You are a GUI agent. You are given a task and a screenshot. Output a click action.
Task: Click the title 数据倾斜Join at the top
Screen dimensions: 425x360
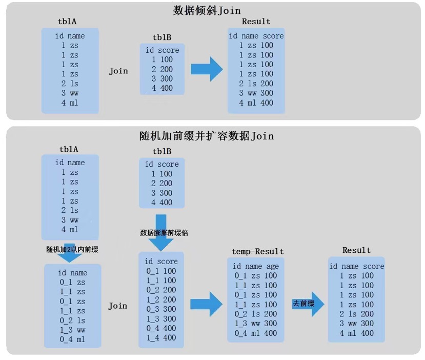pos(207,10)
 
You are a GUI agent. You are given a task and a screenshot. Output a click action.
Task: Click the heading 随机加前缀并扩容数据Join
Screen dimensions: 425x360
pos(207,136)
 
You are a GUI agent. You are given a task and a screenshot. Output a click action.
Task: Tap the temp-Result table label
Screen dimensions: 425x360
pos(257,251)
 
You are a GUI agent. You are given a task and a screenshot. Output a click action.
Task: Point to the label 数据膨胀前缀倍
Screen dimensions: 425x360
pos(164,232)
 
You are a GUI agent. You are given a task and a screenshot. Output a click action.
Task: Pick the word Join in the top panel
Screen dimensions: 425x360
pos(118,71)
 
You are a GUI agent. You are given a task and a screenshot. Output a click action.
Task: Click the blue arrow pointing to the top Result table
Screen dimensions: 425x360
pos(207,69)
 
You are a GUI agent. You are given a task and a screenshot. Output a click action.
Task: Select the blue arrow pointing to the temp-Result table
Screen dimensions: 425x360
pos(207,305)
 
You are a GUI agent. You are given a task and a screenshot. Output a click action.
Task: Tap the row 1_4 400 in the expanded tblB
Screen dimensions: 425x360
pos(161,338)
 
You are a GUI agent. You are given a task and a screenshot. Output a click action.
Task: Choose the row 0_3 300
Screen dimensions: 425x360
pos(161,309)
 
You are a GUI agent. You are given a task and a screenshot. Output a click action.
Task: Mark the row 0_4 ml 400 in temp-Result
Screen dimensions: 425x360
pos(255,333)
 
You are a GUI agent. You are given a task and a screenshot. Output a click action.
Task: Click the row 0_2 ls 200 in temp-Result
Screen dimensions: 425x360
pos(255,314)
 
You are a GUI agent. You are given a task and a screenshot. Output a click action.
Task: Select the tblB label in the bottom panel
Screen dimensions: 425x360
pos(161,151)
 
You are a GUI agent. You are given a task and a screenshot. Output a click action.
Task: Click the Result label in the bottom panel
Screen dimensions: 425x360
pos(356,250)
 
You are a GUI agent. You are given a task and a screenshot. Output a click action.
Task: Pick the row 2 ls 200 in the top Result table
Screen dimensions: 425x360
pos(256,84)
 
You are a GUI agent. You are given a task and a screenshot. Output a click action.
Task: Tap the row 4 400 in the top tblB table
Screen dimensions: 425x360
pos(162,88)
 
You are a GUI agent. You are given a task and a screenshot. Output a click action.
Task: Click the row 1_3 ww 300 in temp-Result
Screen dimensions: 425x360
pos(255,324)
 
